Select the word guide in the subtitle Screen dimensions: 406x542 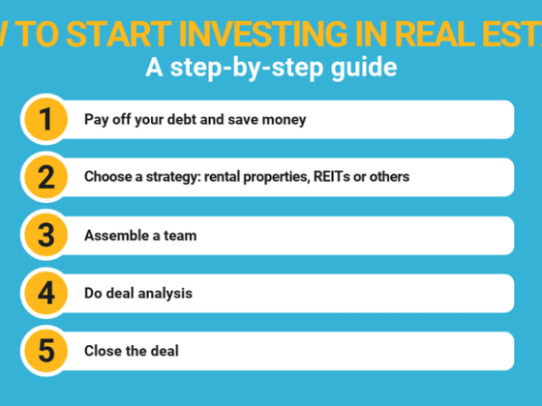coord(369,70)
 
